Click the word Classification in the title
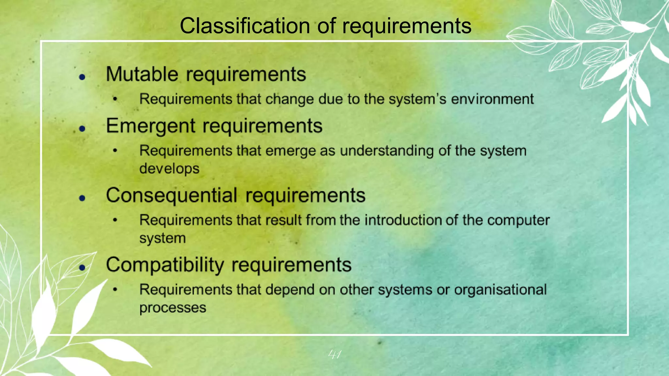point(245,26)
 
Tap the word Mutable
point(142,74)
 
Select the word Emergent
point(151,126)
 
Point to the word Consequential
point(171,196)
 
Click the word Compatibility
point(165,265)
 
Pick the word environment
point(492,99)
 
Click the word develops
point(169,169)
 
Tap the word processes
point(173,308)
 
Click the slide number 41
point(334,354)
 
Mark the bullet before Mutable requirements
point(82,77)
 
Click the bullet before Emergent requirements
point(82,129)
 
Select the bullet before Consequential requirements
point(82,198)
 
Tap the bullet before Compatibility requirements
point(82,268)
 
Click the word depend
point(288,290)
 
